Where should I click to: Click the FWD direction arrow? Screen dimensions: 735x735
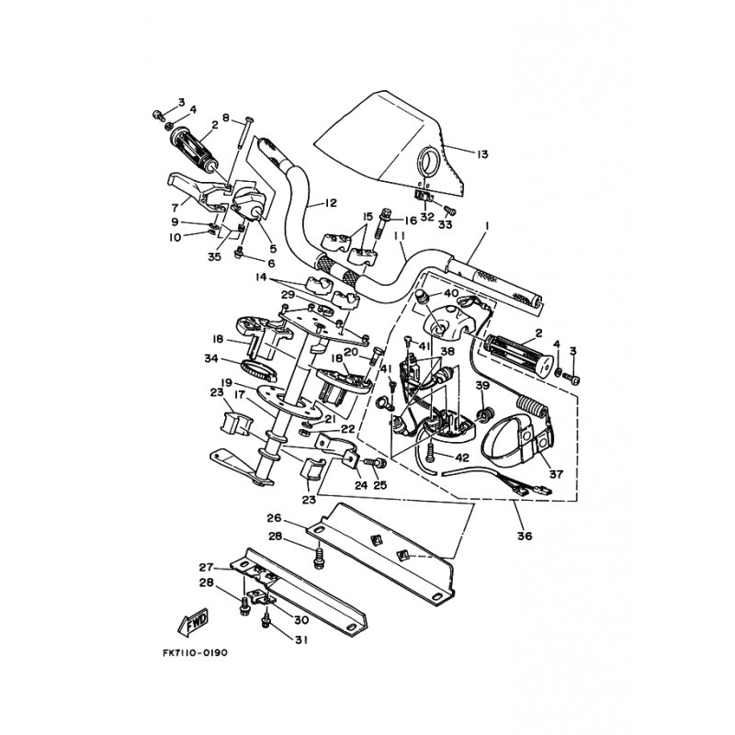pyautogui.click(x=193, y=623)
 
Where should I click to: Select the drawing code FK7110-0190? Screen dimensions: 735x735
pyautogui.click(x=195, y=653)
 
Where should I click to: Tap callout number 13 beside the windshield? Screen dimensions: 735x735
pyautogui.click(x=481, y=154)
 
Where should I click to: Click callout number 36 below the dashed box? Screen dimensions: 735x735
pyautogui.click(x=525, y=536)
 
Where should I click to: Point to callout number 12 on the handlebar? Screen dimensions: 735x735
pyautogui.click(x=330, y=203)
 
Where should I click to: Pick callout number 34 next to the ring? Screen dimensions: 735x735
pyautogui.click(x=211, y=358)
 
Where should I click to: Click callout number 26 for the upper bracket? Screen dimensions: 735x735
pyautogui.click(x=274, y=518)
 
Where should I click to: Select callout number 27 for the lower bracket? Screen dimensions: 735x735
pyautogui.click(x=207, y=567)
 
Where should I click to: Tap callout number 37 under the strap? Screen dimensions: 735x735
pyautogui.click(x=556, y=474)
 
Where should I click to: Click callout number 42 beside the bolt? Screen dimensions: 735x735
pyautogui.click(x=462, y=458)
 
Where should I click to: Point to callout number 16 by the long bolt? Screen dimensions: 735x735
pyautogui.click(x=410, y=220)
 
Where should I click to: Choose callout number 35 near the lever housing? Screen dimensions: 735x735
pyautogui.click(x=214, y=257)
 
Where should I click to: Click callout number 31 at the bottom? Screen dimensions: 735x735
pyautogui.click(x=301, y=639)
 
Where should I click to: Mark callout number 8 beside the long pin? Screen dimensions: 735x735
pyautogui.click(x=226, y=118)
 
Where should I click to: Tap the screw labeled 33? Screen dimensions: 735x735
pyautogui.click(x=449, y=211)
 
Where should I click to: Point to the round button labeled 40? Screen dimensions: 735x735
pyautogui.click(x=423, y=295)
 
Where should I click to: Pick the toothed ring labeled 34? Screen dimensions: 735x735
pyautogui.click(x=259, y=367)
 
